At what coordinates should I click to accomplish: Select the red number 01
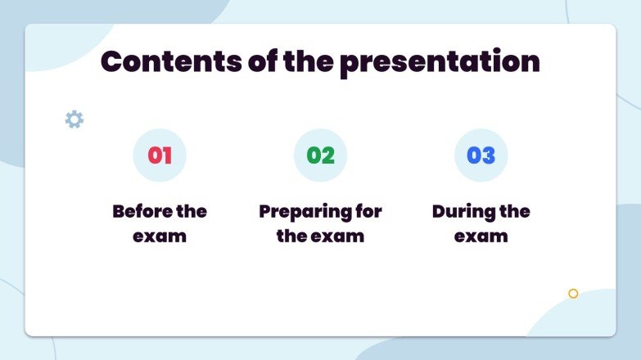coord(160,155)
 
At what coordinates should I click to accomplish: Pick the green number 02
coord(320,155)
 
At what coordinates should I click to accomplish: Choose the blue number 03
coord(481,155)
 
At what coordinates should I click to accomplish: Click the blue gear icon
coord(74,119)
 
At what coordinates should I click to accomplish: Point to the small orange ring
coord(573,293)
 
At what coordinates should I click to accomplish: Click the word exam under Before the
coord(160,236)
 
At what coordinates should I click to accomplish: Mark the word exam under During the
coord(481,236)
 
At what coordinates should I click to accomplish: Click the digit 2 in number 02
coord(327,155)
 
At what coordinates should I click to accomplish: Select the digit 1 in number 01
coord(167,155)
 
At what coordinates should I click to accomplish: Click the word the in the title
coord(305,62)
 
